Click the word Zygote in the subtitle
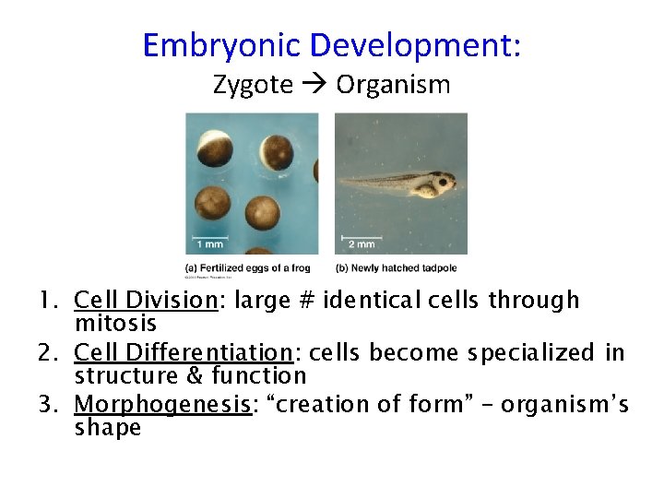(253, 86)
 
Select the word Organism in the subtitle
(393, 86)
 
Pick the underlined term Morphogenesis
(162, 405)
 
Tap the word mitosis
(115, 324)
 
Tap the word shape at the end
(107, 428)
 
